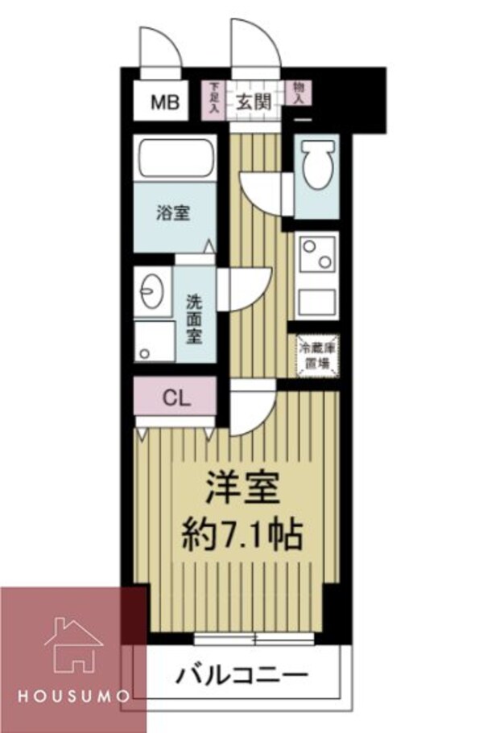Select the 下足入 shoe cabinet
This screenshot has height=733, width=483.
pyautogui.click(x=214, y=100)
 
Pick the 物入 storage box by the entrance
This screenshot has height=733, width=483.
pyautogui.click(x=299, y=94)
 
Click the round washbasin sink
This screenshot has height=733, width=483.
pyautogui.click(x=153, y=287)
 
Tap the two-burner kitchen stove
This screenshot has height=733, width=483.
pyautogui.click(x=315, y=257)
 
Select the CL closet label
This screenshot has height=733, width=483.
pyautogui.click(x=175, y=397)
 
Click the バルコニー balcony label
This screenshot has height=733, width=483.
pyautogui.click(x=241, y=673)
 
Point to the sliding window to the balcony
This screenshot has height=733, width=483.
pyautogui.click(x=254, y=640)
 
